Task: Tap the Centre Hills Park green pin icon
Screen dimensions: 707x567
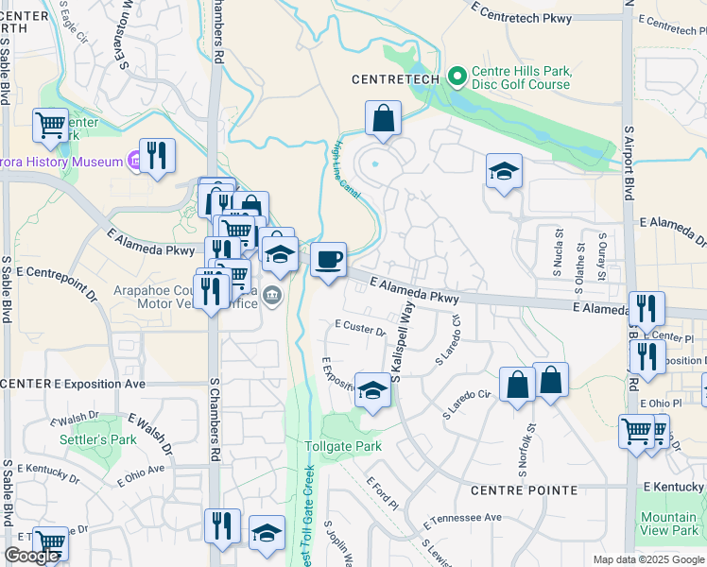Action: pos(457,74)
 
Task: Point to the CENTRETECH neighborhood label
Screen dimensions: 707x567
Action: pos(394,80)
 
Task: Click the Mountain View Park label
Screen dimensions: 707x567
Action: pos(669,524)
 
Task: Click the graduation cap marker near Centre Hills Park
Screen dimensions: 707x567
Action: pos(504,171)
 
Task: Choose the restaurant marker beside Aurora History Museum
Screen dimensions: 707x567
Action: pos(157,156)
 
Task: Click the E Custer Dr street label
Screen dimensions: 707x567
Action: pos(360,328)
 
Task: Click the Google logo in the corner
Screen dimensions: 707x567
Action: pos(30,557)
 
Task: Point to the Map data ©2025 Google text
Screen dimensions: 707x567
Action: pos(647,559)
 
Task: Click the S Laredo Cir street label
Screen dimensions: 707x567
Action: pos(468,405)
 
